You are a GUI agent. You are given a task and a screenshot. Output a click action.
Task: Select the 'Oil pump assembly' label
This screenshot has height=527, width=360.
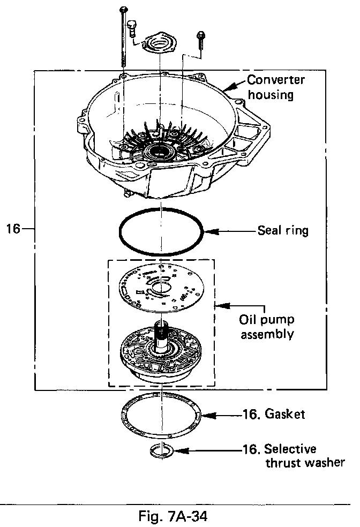[267, 327]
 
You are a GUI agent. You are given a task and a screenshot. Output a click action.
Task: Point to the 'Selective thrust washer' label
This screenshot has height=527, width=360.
[304, 455]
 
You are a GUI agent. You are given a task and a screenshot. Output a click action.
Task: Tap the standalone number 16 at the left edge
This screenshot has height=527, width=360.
[14, 229]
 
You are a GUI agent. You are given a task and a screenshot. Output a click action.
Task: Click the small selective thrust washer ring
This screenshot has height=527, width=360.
[161, 451]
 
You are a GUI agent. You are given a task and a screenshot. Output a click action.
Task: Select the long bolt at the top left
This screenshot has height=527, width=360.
[124, 37]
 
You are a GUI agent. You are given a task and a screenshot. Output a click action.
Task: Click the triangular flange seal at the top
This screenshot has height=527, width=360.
[161, 43]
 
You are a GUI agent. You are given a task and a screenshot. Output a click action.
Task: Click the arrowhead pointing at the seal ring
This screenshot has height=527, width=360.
[209, 232]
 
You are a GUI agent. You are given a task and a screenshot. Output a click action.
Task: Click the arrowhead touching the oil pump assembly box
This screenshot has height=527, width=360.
[219, 306]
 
